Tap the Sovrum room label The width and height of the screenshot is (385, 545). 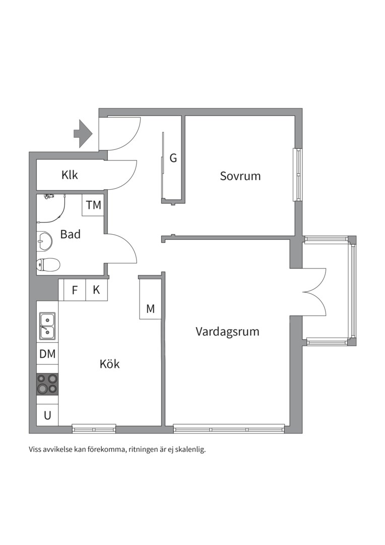[x=240, y=176]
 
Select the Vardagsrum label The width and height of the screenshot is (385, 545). [x=227, y=332]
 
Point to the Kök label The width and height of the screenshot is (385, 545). [x=110, y=364]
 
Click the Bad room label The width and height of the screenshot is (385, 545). [x=70, y=234]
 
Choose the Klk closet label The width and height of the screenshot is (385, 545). [x=70, y=175]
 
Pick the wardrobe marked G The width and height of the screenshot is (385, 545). [x=173, y=158]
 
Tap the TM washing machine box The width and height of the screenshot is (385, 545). [x=93, y=205]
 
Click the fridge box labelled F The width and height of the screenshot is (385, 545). [x=75, y=290]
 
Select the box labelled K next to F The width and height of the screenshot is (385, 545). [x=96, y=290]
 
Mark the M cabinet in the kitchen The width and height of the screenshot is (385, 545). [x=150, y=309]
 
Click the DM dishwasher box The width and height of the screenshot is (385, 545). [x=47, y=354]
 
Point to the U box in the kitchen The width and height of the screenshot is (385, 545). [x=47, y=416]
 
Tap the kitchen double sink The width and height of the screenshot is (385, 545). [x=47, y=325]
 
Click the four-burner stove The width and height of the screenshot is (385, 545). [x=47, y=384]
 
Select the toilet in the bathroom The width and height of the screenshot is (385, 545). [x=48, y=264]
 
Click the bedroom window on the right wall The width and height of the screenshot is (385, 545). [x=298, y=175]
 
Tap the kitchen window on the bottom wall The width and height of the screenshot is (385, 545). [x=94, y=429]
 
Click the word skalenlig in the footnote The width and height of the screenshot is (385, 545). [x=191, y=449]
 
